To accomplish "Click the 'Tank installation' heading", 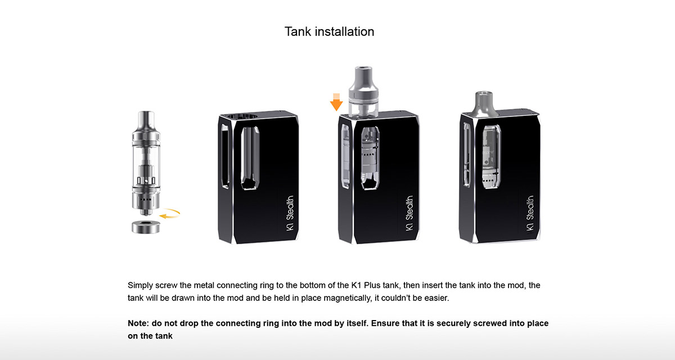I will click(329, 31).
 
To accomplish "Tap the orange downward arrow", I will click(336, 102).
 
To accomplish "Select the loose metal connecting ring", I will click(143, 227).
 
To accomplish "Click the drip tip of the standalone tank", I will click(143, 118).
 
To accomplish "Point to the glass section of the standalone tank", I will click(143, 163).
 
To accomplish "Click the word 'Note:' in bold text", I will click(139, 323).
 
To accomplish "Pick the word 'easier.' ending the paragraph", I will click(435, 298).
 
